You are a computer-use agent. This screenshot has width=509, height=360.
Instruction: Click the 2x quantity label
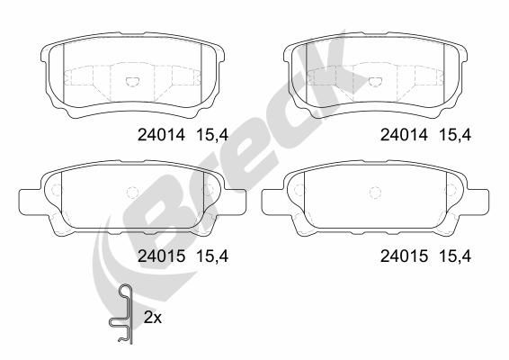[154, 318]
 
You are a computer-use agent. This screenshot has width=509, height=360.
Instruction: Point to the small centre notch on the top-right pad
[373, 79]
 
